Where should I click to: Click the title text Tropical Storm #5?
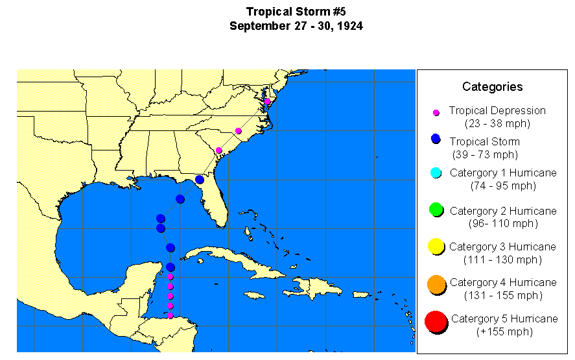pos(295,12)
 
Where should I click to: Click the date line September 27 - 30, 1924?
pos(295,26)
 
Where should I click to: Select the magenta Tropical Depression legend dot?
pos(436,112)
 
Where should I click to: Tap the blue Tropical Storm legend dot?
pos(436,139)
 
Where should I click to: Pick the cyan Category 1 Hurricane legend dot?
pos(436,173)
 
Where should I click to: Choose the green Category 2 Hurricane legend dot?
pos(436,210)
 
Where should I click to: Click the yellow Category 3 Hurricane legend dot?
pos(436,246)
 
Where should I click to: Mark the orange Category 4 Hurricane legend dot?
pos(436,283)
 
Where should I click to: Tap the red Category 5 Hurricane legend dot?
pos(436,320)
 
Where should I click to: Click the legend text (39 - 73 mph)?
pos(485,154)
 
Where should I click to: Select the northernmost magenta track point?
pos(267,101)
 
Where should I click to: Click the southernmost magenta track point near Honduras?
pos(170,315)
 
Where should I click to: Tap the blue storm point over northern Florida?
pos(200,179)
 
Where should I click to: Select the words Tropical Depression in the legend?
pos(497,111)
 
